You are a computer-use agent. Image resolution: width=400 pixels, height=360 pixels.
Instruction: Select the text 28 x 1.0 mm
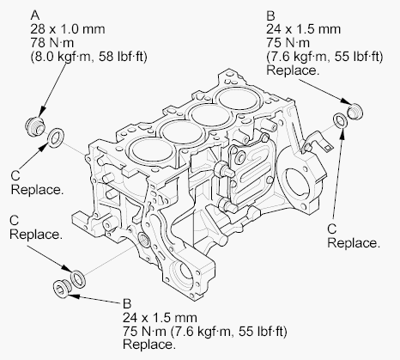(63, 30)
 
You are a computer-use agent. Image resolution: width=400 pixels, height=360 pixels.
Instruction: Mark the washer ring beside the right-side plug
(341, 119)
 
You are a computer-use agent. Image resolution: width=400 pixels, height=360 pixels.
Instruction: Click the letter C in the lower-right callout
(333, 229)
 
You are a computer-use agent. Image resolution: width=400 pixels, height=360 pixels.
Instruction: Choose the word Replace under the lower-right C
(353, 244)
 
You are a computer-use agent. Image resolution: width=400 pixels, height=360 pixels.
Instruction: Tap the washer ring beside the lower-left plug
(78, 277)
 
